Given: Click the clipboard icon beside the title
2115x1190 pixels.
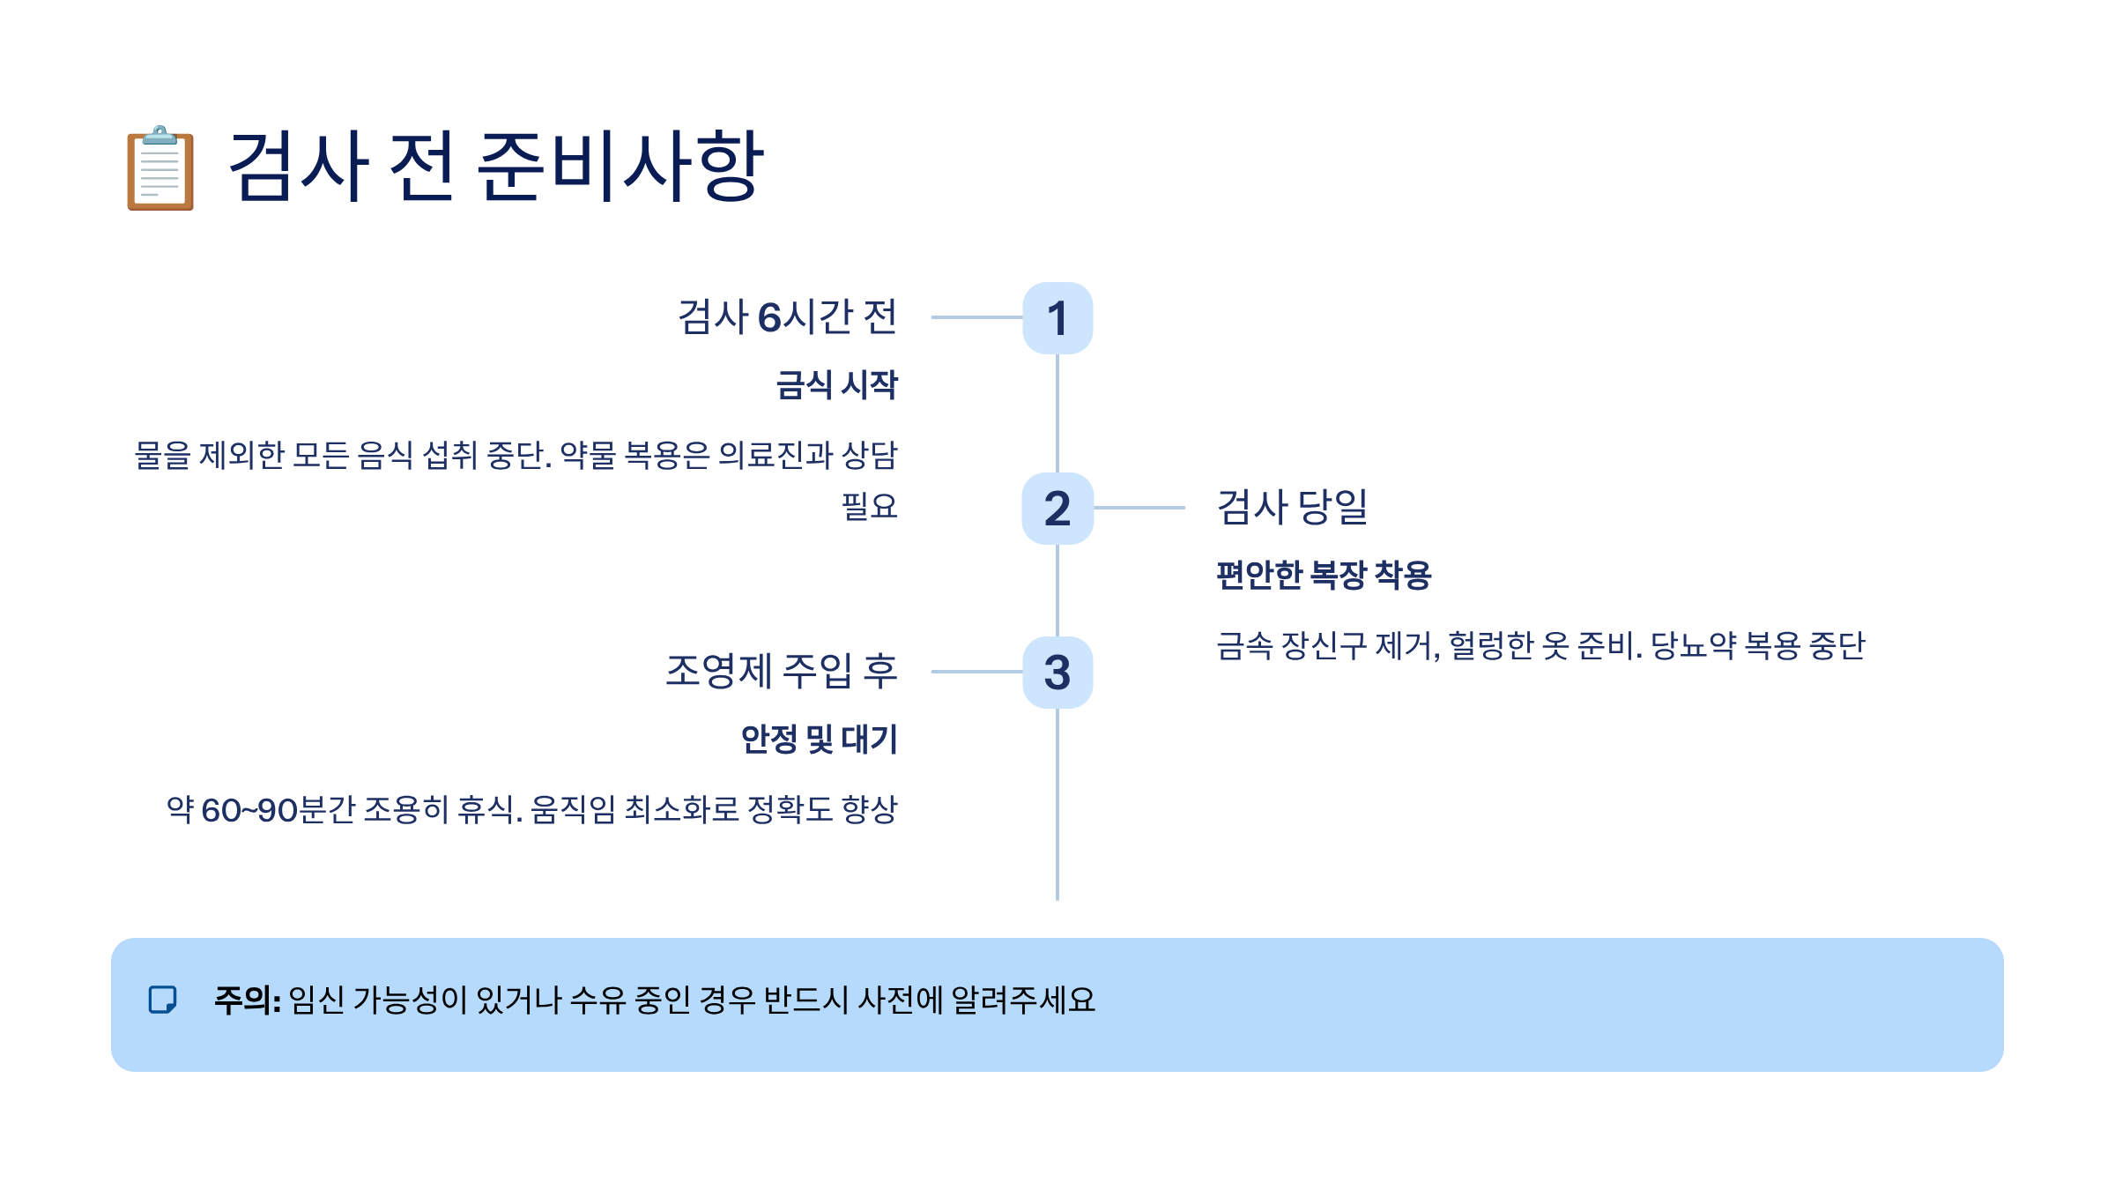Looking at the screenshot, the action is pos(160,167).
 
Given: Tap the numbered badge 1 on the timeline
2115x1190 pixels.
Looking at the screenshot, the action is pos(1057,318).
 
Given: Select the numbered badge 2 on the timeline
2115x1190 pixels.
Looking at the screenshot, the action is pos(1057,509).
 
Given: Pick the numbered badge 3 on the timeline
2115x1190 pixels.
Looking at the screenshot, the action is pos(1057,673).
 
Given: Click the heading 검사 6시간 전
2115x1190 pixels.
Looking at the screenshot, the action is pos(787,317).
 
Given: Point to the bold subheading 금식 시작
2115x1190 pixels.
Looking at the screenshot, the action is pos(836,385).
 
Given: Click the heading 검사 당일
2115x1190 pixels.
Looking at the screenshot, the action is pos(1292,508).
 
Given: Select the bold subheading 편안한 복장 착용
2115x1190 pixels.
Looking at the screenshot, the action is pos(1324,575).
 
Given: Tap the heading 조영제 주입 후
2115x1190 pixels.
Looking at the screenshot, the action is pos(781,672).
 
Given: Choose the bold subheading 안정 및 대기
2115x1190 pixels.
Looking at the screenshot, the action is pos(819,739).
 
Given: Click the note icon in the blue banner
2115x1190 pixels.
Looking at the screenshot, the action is pos(162,1000).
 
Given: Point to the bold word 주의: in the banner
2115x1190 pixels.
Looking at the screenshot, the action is pos(248,1000).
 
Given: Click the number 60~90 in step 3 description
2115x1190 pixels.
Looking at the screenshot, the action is pos(249,810).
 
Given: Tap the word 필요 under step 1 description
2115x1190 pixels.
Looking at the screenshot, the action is pos(869,507).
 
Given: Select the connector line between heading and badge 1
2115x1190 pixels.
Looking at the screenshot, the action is pos(976,317).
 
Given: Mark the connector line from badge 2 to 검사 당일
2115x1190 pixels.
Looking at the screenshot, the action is pos(1139,508).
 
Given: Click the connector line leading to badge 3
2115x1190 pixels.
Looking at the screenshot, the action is pos(976,672).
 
